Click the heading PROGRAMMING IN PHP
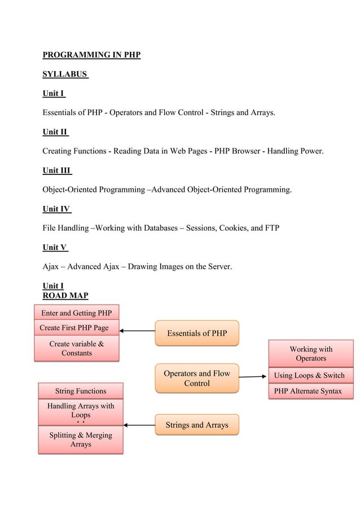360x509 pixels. pos(91,55)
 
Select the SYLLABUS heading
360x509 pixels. pos(65,74)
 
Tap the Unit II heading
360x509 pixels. pos(55,132)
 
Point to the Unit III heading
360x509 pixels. pos(57,170)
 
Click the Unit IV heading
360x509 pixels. pos(56,209)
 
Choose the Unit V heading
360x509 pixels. pos(55,247)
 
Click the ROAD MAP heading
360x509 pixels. pos(65,295)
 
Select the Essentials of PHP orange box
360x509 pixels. pos(197,333)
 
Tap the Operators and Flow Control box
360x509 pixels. pos(197,378)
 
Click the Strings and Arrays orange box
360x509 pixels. pos(197,424)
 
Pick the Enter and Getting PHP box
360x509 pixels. pos(77,313)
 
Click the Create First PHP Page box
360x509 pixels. pos(77,328)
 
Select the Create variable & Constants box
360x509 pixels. pos(77,348)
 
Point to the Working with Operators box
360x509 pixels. pos(311,354)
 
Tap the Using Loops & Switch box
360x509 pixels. pos(309,376)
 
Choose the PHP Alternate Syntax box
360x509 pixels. pos(308,391)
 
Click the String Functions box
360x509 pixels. pos(80,391)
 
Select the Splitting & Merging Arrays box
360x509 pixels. pos(80,440)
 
